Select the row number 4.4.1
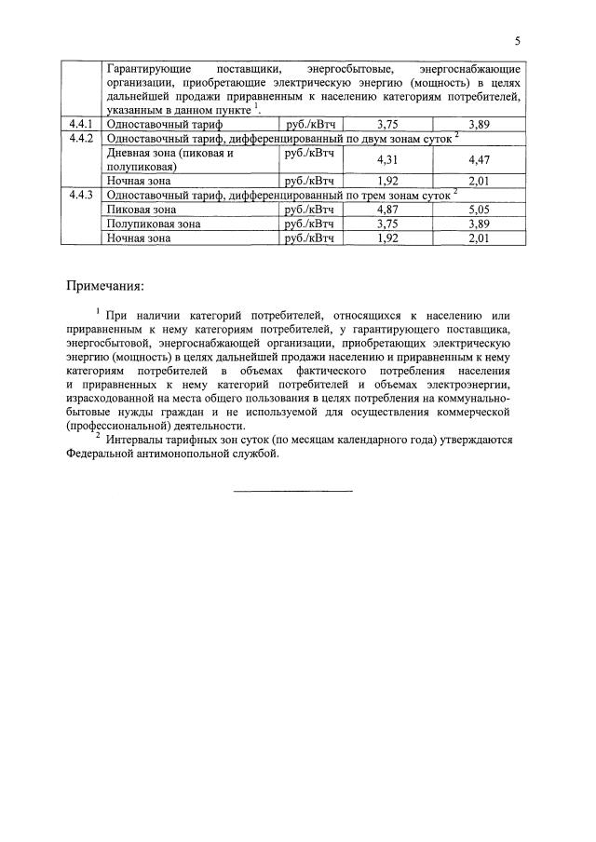click(x=80, y=123)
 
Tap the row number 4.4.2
click(x=80, y=137)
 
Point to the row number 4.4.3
click(x=80, y=195)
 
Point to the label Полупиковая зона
click(x=154, y=224)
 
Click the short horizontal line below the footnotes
click(x=292, y=490)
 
